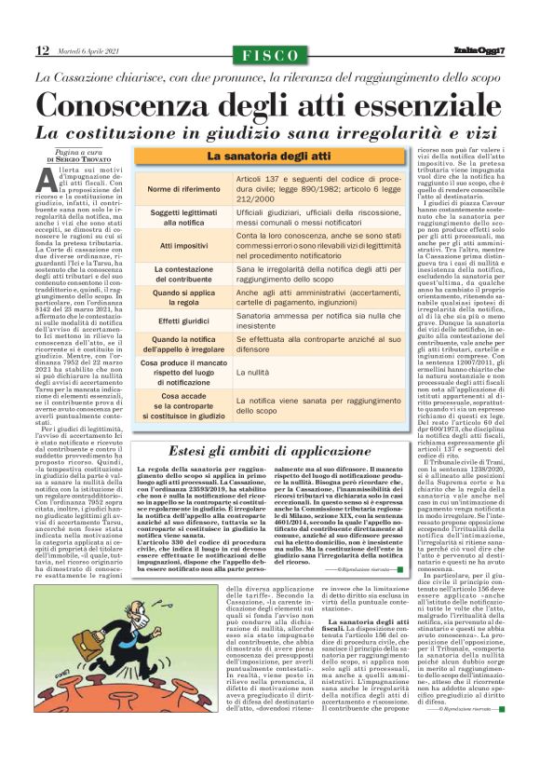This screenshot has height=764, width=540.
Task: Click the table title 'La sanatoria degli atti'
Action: [x=269, y=157]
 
